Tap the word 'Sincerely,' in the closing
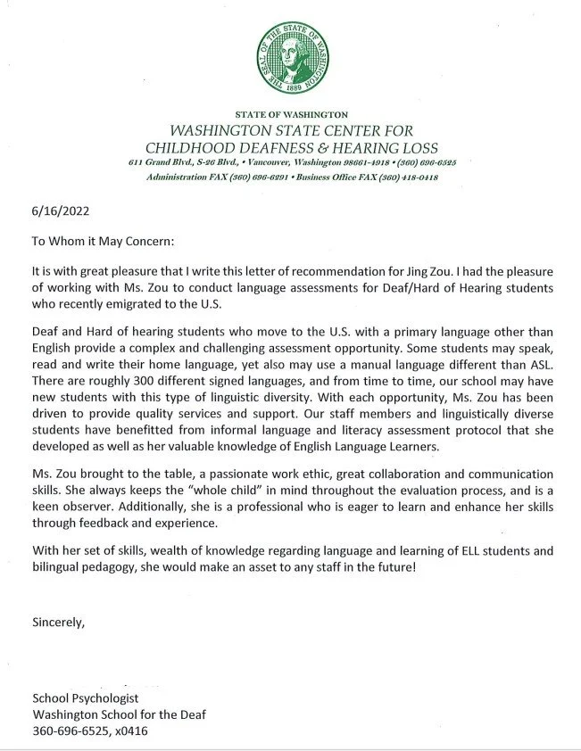[x=58, y=622]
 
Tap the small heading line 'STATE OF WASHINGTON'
[x=290, y=116]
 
